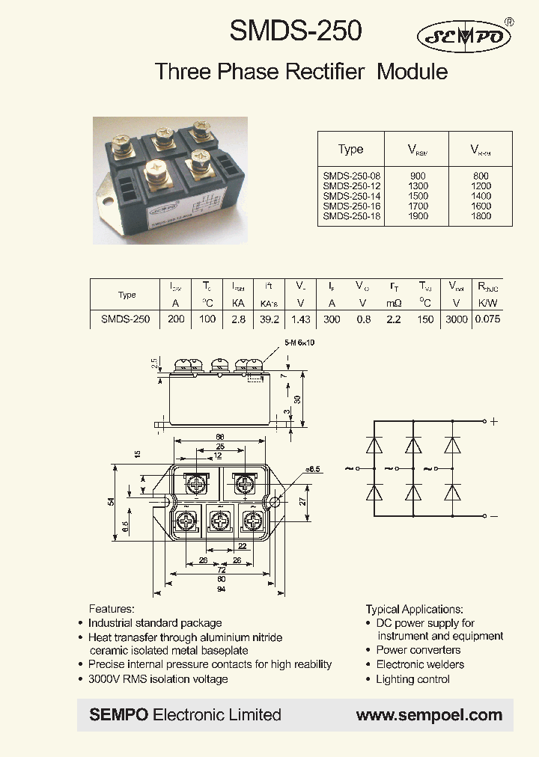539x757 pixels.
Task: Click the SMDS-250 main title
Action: click(295, 31)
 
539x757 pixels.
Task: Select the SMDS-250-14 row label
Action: click(350, 195)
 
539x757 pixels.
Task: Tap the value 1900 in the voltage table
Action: click(418, 216)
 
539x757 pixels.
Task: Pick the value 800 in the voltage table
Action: click(481, 175)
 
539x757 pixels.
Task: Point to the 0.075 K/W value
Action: click(487, 319)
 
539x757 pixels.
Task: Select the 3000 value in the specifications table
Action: click(456, 319)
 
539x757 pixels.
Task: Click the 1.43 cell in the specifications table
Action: click(300, 319)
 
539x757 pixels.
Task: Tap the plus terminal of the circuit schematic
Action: click(493, 422)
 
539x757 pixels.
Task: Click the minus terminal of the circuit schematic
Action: click(493, 516)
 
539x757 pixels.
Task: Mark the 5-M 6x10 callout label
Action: click(299, 343)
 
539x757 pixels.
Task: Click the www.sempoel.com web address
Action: click(429, 715)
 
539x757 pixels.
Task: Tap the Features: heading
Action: click(112, 609)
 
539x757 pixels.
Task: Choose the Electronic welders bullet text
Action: click(420, 664)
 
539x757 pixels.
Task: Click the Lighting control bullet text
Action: click(412, 679)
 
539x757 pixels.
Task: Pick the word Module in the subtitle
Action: click(412, 72)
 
